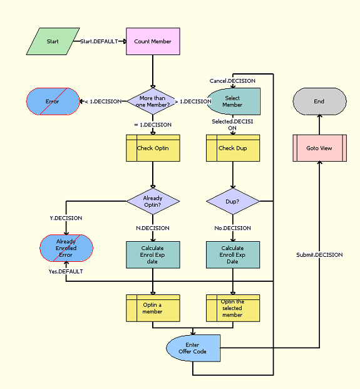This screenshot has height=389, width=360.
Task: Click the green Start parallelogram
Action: (x=53, y=41)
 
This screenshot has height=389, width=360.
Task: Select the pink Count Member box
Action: (x=153, y=41)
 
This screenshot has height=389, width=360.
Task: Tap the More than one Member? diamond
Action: (x=153, y=101)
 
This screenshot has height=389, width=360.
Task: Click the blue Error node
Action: (x=53, y=101)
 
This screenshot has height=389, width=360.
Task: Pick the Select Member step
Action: (x=232, y=101)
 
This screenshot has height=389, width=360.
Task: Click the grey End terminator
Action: (x=319, y=101)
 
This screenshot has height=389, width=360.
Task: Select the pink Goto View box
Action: (x=319, y=148)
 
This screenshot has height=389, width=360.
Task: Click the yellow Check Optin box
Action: (x=153, y=148)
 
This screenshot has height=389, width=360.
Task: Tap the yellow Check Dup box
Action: (x=232, y=148)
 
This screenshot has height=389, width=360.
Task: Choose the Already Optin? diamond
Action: (x=153, y=201)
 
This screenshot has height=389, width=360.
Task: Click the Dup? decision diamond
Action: (x=232, y=201)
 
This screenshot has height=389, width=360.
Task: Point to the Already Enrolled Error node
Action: (x=66, y=248)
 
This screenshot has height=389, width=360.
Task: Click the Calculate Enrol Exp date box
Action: (x=153, y=254)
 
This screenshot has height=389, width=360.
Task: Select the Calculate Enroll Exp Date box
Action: (x=232, y=254)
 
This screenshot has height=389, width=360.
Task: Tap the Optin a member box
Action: (x=153, y=308)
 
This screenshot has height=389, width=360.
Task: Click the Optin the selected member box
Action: (x=232, y=308)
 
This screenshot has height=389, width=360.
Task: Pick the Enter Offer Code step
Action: (x=193, y=348)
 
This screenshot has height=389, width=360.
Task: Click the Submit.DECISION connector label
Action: (x=319, y=255)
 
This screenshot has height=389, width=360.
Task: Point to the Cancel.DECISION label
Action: (x=232, y=81)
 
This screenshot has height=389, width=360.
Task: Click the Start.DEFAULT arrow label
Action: (x=99, y=41)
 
